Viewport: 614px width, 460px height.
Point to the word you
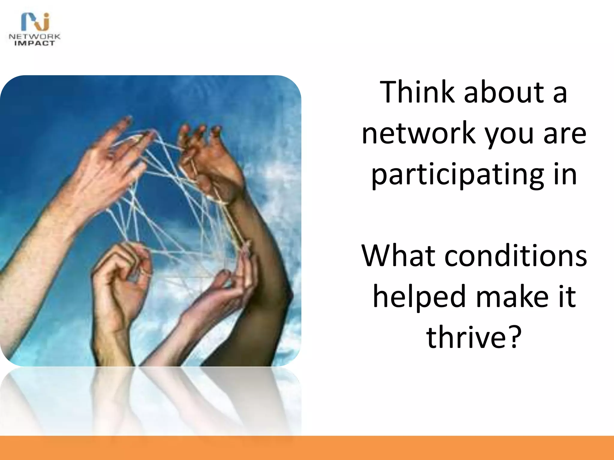click(511, 134)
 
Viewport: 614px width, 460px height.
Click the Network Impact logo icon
click(35, 22)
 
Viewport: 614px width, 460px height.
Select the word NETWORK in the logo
click(35, 37)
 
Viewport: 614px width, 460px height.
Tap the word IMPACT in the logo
click(35, 43)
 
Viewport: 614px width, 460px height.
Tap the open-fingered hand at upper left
click(114, 162)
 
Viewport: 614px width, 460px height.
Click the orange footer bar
click(307, 448)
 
